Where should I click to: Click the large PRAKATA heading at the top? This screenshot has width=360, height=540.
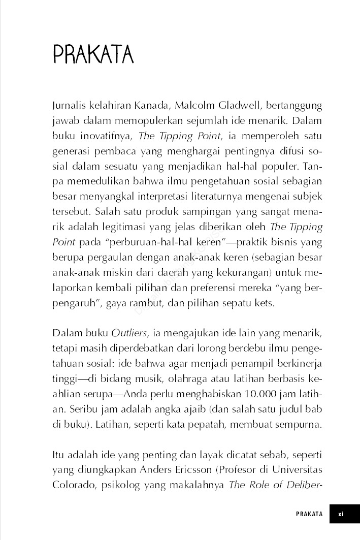[93, 54]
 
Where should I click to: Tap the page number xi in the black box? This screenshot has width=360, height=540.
[341, 514]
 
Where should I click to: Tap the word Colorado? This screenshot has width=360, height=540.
[71, 485]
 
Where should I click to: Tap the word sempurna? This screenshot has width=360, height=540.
[300, 424]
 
